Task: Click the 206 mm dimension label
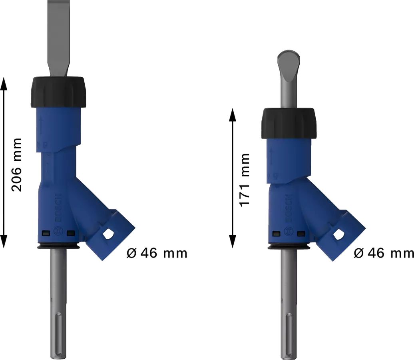(17, 164)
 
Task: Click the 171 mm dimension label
(244, 180)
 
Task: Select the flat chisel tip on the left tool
(58, 36)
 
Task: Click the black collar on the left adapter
(58, 92)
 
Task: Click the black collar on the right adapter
(289, 123)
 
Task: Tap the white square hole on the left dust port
(108, 234)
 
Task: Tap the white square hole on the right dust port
(339, 235)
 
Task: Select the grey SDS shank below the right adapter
(289, 304)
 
